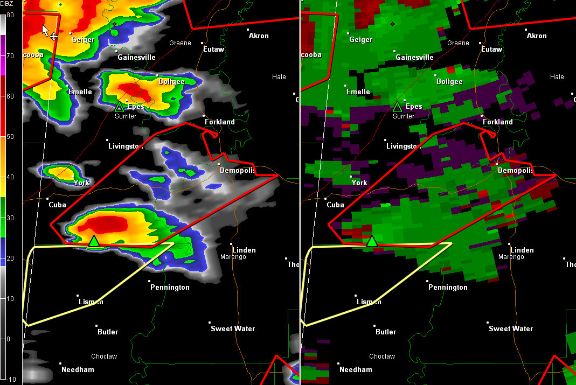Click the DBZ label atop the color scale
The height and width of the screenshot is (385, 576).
pos(8,4)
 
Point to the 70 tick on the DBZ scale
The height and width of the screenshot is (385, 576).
pos(10,55)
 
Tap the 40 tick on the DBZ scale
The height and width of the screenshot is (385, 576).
pos(10,177)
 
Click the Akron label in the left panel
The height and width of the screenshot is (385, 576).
pos(259,36)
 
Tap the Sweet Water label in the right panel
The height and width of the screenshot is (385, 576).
pos(511,328)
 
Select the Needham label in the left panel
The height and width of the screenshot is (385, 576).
pos(78,369)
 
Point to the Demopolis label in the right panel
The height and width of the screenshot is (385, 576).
pos(515,170)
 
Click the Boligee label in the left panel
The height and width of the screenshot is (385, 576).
pos(171,81)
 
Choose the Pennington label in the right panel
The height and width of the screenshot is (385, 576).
pos(448,287)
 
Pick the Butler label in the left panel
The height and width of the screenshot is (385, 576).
pos(108,332)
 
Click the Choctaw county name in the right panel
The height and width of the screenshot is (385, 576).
pos(382,356)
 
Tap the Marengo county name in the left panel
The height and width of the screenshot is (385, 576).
pos(233,257)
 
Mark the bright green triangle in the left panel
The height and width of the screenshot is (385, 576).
pos(94,241)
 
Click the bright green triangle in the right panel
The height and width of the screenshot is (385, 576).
pos(372,241)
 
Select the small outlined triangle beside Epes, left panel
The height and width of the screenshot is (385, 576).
pos(119,107)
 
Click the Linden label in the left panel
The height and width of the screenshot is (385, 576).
pos(244,250)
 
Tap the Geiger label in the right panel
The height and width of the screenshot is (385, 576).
pos(361,39)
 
